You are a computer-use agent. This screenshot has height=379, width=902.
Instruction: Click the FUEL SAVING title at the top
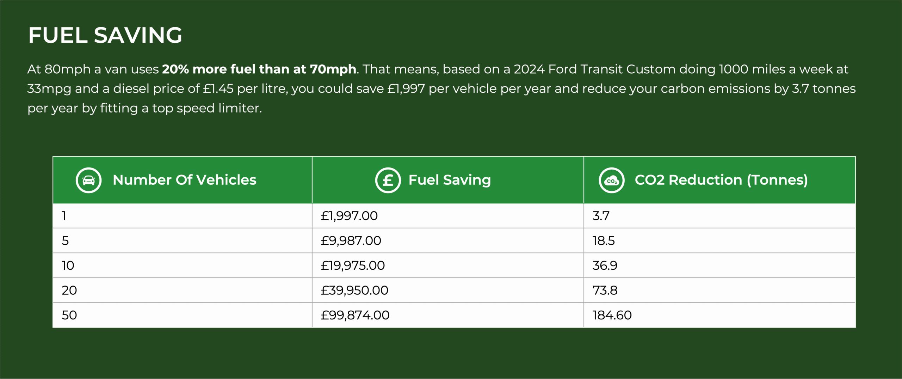[105, 35]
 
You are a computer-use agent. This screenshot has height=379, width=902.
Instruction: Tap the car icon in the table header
[89, 180]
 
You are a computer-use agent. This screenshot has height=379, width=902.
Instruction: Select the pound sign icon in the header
[388, 180]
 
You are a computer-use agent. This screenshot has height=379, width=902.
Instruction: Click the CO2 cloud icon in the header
[612, 180]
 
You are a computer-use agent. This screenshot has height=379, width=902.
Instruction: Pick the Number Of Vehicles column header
[184, 180]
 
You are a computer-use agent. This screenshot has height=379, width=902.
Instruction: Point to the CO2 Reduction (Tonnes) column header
[721, 180]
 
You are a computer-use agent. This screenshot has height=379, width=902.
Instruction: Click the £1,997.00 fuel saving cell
[349, 216]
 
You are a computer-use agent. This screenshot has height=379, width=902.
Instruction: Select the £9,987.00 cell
[351, 241]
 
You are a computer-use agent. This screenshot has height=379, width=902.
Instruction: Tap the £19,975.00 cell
[353, 265]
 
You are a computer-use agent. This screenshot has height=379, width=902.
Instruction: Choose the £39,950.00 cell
[354, 291]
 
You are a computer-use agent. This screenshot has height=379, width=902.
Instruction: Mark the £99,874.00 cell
[355, 315]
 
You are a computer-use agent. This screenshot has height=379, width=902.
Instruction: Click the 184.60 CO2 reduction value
[612, 315]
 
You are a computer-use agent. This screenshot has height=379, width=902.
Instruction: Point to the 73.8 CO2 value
[605, 291]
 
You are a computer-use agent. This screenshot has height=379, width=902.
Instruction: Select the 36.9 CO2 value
[605, 265]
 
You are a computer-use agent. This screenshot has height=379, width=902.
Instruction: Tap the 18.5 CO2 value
[604, 241]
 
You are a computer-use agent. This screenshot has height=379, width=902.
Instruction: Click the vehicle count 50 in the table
[69, 315]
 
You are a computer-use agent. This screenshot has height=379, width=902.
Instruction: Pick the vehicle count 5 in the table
[65, 241]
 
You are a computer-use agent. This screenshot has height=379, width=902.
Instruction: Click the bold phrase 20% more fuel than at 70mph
[259, 69]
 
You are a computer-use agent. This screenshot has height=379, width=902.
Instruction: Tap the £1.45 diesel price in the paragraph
[218, 88]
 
